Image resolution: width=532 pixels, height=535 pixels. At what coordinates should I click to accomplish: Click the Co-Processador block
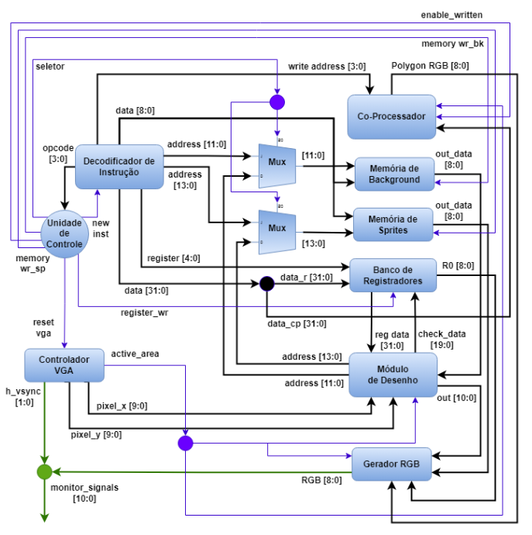point(391,117)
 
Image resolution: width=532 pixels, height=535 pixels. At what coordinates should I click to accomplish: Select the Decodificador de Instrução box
point(119,167)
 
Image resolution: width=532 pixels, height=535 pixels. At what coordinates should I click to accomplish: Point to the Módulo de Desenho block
point(393,374)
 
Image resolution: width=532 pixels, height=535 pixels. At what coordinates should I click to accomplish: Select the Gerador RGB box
point(391,464)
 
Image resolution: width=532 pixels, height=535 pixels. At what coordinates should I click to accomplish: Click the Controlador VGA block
point(63,366)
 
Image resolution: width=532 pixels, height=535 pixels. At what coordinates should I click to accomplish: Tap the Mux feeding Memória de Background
point(277,163)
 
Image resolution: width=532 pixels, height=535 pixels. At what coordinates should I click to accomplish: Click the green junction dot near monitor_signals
point(44,471)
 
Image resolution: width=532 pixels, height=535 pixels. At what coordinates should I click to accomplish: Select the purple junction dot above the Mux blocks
point(277,102)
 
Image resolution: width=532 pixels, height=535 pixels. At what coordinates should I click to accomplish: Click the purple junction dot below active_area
point(185,443)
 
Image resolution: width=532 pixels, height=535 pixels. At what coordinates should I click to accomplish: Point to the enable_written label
point(452,15)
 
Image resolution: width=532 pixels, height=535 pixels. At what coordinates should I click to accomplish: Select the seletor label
point(50,67)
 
